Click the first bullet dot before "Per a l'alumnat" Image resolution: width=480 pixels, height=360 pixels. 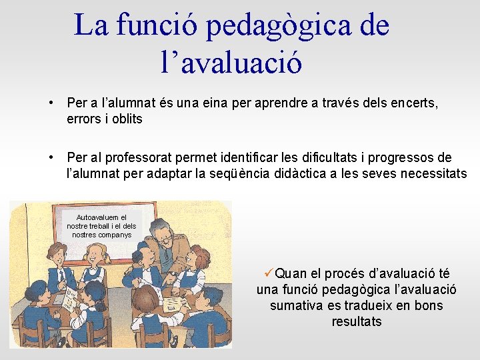pyautogui.click(x=51, y=104)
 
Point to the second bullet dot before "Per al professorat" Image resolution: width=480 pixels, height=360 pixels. pyautogui.click(x=51, y=158)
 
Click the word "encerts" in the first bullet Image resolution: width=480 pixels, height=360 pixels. pyautogui.click(x=414, y=104)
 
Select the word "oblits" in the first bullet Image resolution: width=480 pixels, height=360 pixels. pyautogui.click(x=123, y=119)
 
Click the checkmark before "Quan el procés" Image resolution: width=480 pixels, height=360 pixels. pyautogui.click(x=269, y=273)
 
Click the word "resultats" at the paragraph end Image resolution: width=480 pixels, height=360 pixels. pyautogui.click(x=357, y=322)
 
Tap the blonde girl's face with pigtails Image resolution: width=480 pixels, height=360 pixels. pyautogui.click(x=99, y=255)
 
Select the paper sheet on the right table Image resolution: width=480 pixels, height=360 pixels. pyautogui.click(x=173, y=303)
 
